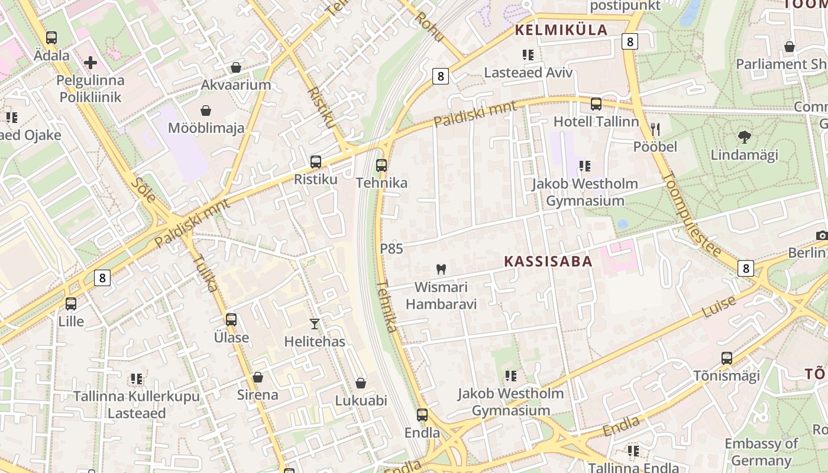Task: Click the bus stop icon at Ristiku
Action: [316, 162]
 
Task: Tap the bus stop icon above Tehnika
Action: [381, 166]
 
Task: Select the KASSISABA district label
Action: [548, 261]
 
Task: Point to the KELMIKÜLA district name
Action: [561, 30]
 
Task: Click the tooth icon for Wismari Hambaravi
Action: [441, 270]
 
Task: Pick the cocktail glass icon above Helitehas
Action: [315, 324]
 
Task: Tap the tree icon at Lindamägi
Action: [745, 137]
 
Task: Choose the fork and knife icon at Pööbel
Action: [655, 129]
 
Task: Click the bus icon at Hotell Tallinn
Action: [596, 104]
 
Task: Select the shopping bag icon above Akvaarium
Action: [236, 67]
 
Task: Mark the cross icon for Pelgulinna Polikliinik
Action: [90, 62]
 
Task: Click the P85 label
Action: [392, 249]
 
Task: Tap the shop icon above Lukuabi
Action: [361, 383]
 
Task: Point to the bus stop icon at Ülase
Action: [231, 320]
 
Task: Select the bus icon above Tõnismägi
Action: [727, 358]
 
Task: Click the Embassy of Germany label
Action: [761, 452]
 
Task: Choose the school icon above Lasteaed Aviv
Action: [528, 55]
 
